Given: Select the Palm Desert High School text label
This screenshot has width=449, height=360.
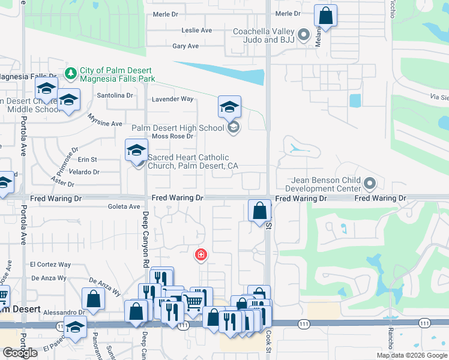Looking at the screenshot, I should [178, 127].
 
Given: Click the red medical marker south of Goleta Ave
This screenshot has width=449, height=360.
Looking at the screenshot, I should [200, 256].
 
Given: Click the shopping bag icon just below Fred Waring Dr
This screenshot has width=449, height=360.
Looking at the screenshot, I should [259, 211].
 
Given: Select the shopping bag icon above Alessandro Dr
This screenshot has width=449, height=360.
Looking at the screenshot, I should [93, 298].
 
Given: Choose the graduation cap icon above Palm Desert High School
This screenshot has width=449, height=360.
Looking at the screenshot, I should [229, 107].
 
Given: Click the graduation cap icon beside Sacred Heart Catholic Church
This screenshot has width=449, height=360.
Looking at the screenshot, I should [136, 150].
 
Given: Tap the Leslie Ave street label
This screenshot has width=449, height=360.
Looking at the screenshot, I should [197, 30].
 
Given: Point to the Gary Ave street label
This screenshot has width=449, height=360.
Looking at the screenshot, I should [185, 46].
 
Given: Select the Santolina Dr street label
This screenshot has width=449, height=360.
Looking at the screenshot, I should [115, 95].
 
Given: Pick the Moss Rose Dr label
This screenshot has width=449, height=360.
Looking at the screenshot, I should [172, 136].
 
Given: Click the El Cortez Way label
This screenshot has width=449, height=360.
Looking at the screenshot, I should [50, 265].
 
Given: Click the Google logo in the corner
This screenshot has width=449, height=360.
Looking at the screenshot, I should [20, 353].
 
